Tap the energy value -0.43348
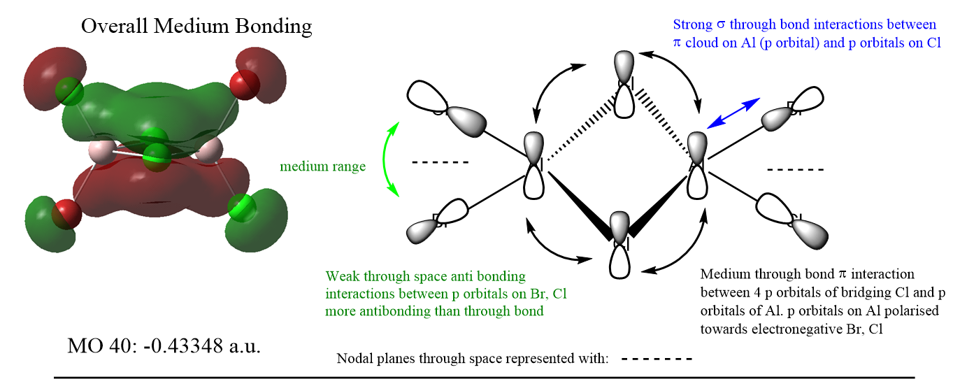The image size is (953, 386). (x=183, y=345)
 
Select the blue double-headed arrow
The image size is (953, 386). (x=733, y=113)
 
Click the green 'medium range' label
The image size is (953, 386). (x=322, y=166)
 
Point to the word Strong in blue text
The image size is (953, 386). (x=693, y=24)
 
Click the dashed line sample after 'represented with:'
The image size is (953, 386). (x=657, y=359)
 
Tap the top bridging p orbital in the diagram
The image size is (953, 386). (x=624, y=85)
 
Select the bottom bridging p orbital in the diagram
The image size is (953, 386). (x=619, y=245)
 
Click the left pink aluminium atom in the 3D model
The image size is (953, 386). (x=102, y=152)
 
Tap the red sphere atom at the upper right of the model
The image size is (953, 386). (x=245, y=84)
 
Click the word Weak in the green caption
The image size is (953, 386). (x=343, y=276)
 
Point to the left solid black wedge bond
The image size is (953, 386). (x=580, y=205)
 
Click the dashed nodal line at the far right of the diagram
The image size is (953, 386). (x=795, y=170)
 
